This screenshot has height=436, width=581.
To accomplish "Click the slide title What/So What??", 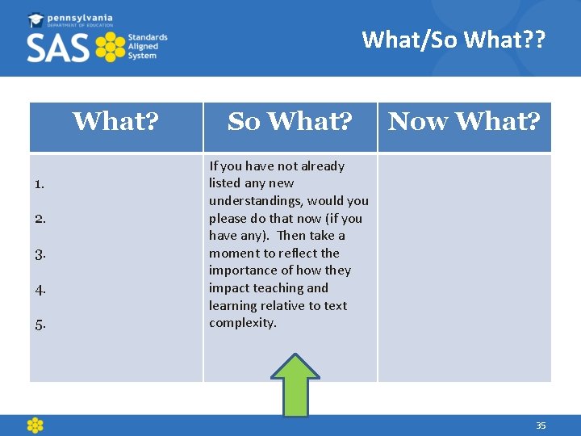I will click(454, 39).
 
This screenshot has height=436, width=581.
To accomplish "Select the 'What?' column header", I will click(115, 122).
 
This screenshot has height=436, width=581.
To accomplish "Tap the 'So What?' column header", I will click(290, 122).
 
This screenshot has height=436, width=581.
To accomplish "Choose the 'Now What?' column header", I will click(464, 122).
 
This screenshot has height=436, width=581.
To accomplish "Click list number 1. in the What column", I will click(40, 184).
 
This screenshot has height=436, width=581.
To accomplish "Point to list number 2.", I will click(40, 219).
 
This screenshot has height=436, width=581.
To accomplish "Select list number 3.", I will click(40, 254).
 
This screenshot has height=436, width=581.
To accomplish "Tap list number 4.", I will click(40, 289).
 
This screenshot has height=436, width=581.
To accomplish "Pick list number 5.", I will click(40, 325).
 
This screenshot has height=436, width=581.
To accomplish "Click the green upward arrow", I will click(295, 385).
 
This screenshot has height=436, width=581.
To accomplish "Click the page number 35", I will click(541, 426).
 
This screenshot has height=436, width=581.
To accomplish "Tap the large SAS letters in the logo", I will click(59, 48).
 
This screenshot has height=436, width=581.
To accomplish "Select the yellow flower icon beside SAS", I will click(111, 48).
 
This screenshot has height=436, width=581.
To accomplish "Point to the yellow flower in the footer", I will click(35, 426).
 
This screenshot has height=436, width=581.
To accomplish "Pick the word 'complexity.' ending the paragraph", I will click(243, 323).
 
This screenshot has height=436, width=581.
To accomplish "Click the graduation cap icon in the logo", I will click(37, 19).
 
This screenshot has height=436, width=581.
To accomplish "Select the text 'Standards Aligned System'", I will click(148, 48).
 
